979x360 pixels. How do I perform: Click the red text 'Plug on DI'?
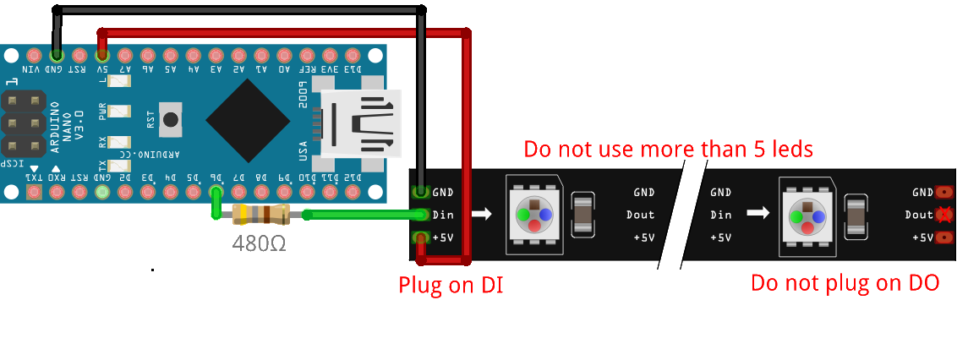tap(451, 285)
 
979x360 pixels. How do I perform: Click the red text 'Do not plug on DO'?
tap(845, 283)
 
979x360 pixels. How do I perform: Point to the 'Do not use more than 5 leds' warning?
tap(668, 150)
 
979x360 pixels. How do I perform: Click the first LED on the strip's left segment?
tap(533, 215)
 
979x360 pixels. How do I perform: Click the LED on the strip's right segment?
tap(807, 215)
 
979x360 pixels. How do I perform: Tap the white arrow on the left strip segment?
tap(481, 215)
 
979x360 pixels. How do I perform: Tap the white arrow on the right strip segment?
tap(757, 215)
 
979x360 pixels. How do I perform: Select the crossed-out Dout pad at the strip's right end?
tap(945, 215)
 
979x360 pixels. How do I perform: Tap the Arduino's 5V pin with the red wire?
tap(102, 54)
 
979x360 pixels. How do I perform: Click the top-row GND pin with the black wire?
tap(57, 54)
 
